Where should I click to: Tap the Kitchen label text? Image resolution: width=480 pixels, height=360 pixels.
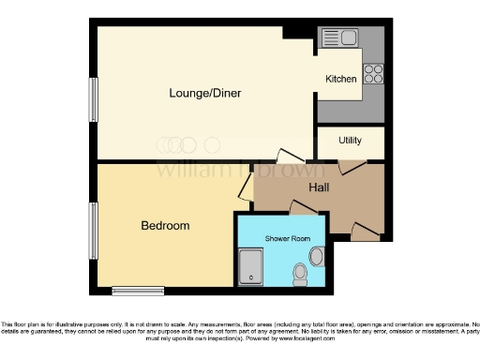coord(340,80)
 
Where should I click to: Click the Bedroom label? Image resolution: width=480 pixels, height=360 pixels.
coord(165,226)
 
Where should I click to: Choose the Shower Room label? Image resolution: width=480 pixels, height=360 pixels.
coord(286,239)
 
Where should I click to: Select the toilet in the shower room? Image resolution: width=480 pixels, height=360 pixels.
coord(300,273)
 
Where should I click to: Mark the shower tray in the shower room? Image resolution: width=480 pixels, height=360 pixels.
coord(251,267)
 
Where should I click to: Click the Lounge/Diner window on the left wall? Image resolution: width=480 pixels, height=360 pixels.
coord(93,97)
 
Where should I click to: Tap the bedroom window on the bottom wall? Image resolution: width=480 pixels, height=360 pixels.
coord(137,289)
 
